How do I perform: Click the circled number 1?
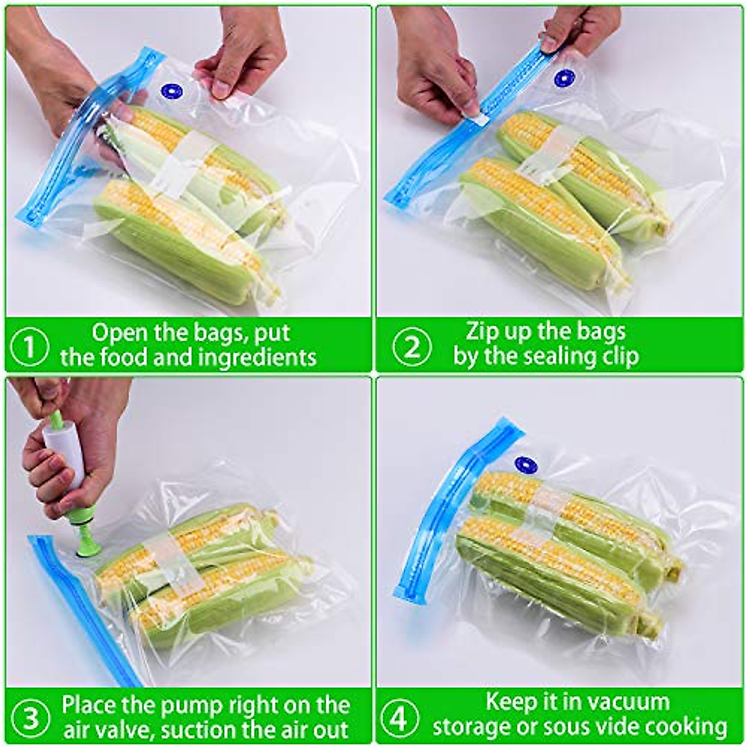pos(29,346)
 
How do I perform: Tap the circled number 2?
pos(411,346)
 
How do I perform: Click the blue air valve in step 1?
pos(171,92)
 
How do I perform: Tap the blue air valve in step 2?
pos(564,78)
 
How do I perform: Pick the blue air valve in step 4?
pos(526,464)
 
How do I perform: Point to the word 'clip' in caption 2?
pos(618,357)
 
